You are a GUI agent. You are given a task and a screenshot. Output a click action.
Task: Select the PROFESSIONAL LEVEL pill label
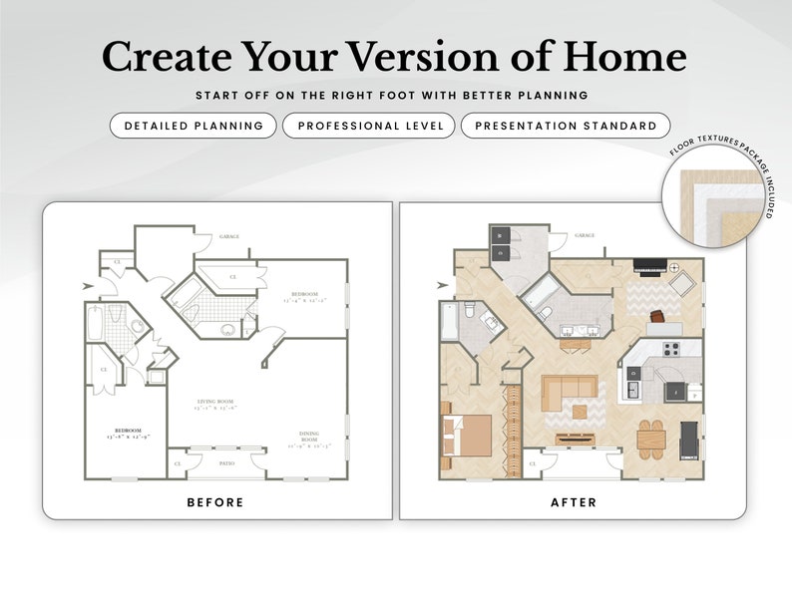(369, 126)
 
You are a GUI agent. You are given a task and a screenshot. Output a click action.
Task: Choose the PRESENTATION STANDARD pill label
(566, 126)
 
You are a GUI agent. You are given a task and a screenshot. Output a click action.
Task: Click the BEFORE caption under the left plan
(215, 502)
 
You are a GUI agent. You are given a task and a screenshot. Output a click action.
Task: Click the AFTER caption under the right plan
(574, 502)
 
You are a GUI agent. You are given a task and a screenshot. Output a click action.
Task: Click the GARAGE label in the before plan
(228, 236)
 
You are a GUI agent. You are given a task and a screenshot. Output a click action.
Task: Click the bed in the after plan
(466, 435)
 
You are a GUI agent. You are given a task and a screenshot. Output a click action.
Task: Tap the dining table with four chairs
(650, 436)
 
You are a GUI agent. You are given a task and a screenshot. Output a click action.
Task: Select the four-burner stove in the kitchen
(671, 349)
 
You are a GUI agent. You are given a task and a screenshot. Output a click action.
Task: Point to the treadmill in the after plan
(689, 437)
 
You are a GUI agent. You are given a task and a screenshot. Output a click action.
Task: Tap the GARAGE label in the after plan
(585, 236)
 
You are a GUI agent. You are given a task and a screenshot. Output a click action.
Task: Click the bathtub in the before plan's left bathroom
(96, 325)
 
